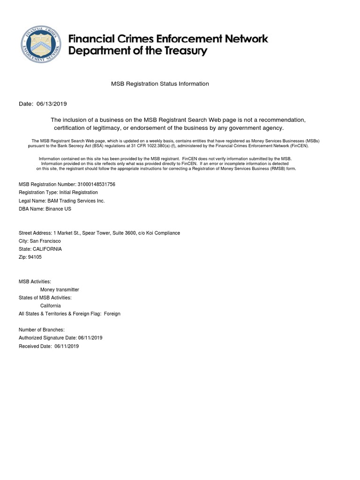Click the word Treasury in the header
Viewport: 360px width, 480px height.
coord(183,51)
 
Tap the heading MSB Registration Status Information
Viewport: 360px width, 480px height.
coord(160,84)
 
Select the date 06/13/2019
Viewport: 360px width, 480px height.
coord(52,104)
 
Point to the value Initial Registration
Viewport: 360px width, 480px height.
coord(78,193)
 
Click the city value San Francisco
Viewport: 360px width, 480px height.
coord(45,241)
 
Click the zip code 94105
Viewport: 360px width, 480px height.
coord(35,257)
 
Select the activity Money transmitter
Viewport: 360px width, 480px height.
coord(60,290)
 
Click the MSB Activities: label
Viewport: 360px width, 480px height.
coord(35,282)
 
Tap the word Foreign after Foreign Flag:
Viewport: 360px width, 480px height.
coord(112,314)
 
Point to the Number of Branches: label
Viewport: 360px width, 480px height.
coord(42,330)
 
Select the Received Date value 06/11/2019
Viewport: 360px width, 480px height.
coord(67,346)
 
